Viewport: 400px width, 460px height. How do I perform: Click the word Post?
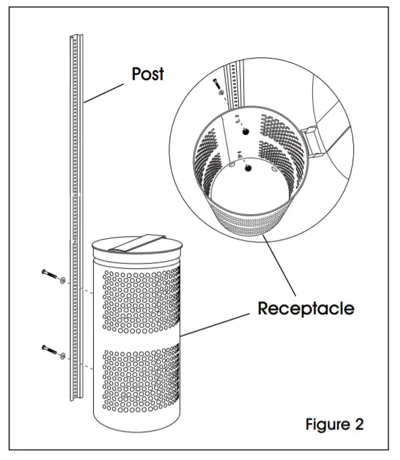148,73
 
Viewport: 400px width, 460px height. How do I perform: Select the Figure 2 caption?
334,424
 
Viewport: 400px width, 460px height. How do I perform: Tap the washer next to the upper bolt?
62,281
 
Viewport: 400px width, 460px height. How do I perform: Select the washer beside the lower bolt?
62,356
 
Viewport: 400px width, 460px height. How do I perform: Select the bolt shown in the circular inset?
217,84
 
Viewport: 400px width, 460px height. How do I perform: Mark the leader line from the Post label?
104,92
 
